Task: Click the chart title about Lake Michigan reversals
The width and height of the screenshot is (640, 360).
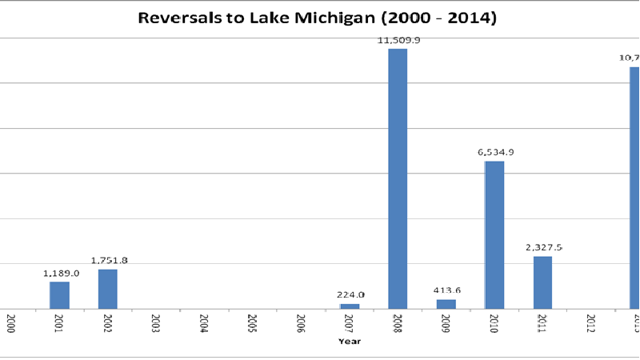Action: coord(318,17)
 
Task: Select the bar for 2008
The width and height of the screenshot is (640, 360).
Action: coord(398,178)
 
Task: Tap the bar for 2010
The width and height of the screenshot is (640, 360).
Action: coord(494,234)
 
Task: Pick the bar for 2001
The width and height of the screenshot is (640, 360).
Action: coord(59,294)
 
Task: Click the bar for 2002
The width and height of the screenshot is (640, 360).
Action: coord(108,288)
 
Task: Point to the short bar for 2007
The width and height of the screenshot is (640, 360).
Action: coord(350,306)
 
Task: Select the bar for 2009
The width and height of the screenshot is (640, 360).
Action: coord(446,304)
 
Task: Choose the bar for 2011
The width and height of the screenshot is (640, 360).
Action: coord(542,282)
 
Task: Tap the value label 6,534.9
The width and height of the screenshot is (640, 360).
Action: coord(494,152)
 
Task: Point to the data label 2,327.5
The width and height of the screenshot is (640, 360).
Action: coord(542,247)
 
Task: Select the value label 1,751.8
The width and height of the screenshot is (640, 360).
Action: coord(108,260)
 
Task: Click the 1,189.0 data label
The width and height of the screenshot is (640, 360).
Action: coord(59,273)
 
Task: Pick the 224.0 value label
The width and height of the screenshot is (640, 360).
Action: coord(350,294)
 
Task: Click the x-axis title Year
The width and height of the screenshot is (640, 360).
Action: coord(350,342)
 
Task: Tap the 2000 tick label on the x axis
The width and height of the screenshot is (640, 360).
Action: coord(11,324)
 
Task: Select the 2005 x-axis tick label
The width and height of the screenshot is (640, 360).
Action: coord(253,324)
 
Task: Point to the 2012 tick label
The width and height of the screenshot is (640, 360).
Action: coord(590,324)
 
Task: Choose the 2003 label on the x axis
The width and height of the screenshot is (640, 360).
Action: coord(156,324)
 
